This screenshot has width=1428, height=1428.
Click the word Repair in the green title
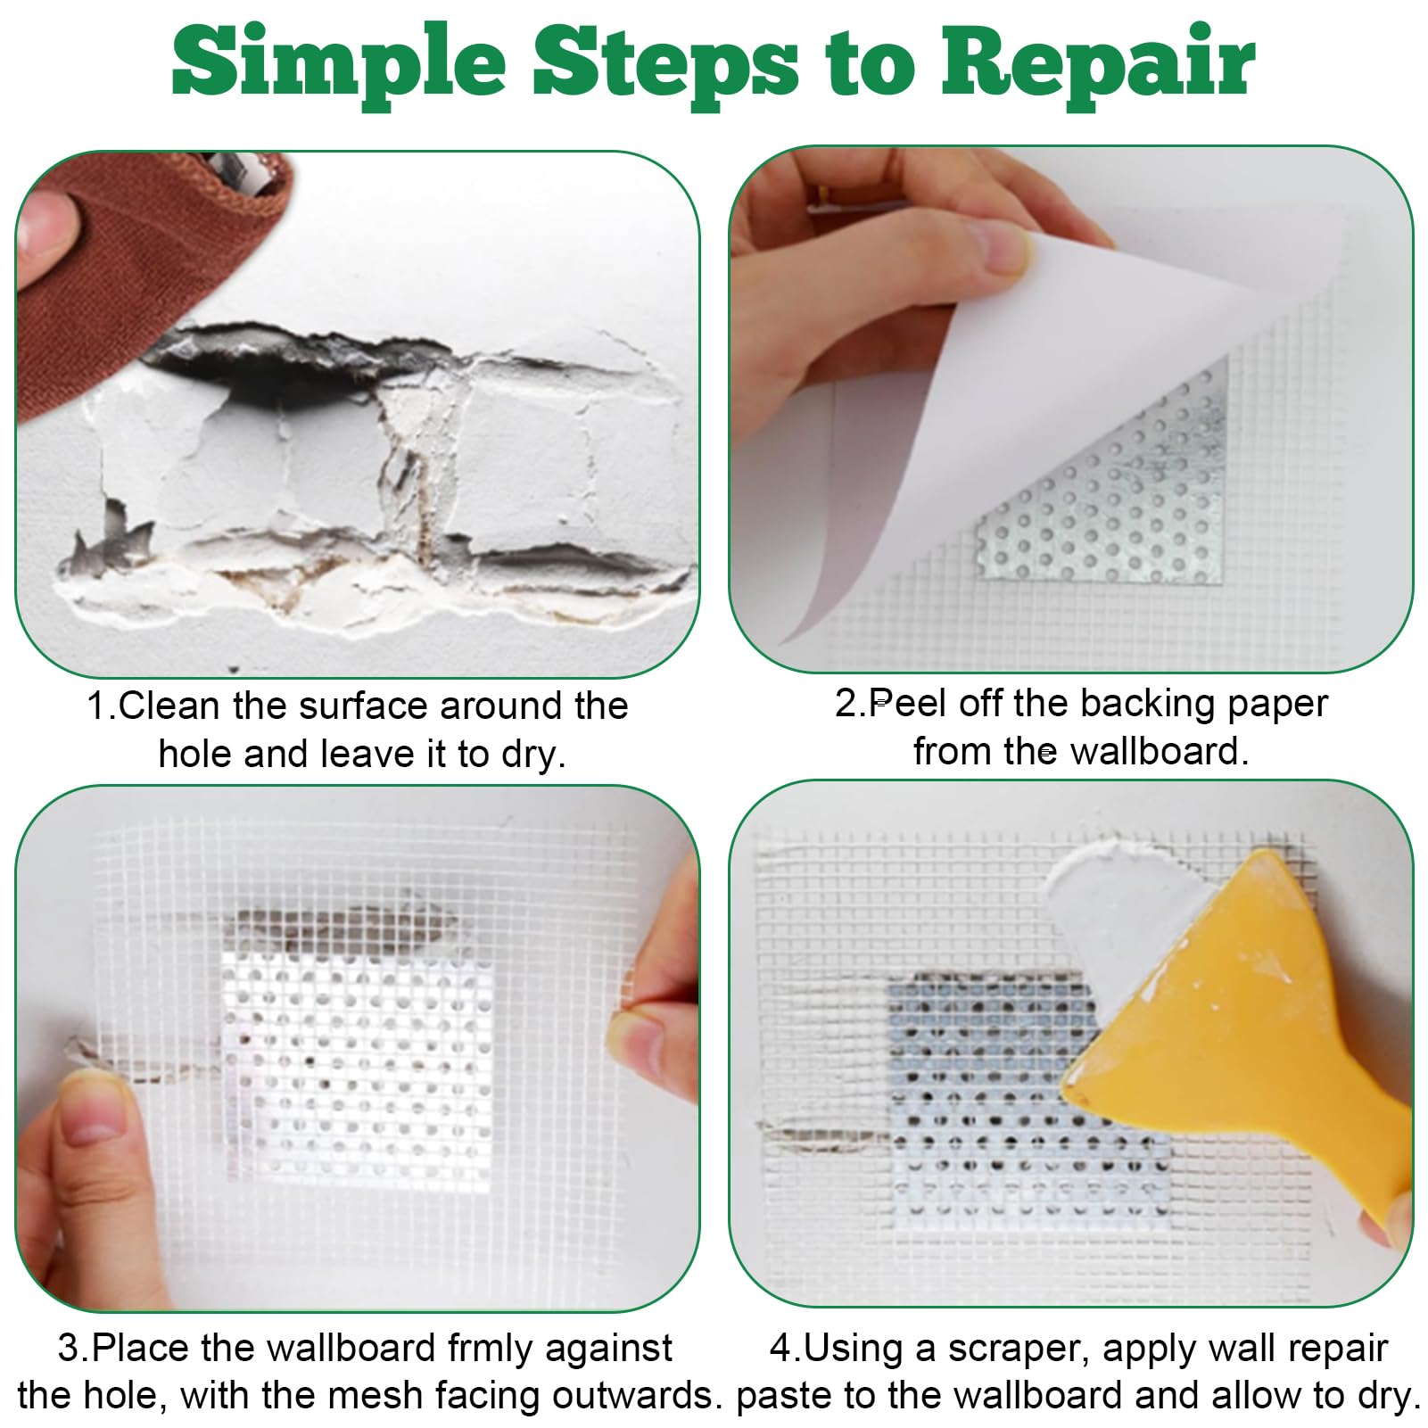pyautogui.click(x=1098, y=62)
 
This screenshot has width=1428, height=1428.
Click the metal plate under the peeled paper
pyautogui.click(x=1106, y=482)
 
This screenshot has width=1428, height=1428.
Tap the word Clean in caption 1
pyautogui.click(x=169, y=706)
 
